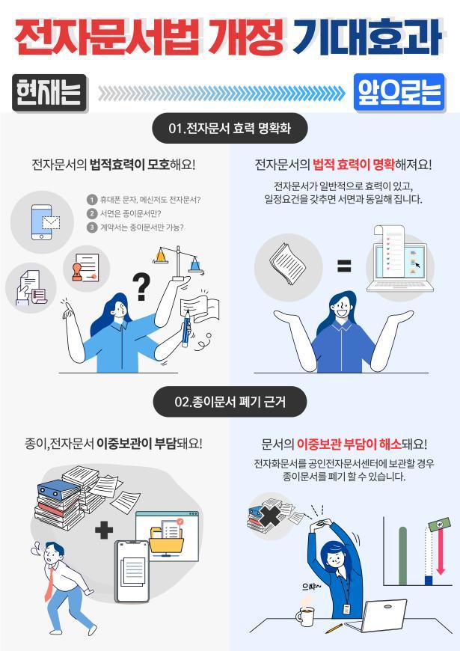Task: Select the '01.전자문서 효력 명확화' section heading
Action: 229,129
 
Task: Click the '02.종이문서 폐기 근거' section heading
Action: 230,402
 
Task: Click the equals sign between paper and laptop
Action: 343,266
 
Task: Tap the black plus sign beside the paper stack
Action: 104,530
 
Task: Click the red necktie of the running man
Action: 49,583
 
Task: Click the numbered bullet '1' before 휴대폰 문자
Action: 92,199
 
